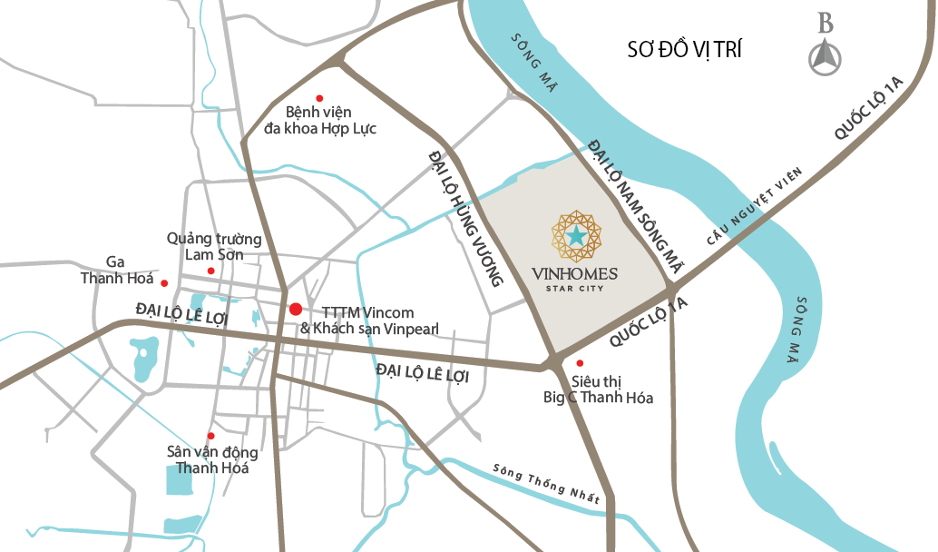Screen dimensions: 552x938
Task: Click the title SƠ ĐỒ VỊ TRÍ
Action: tap(684, 49)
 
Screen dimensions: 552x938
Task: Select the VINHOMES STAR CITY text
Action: tap(575, 277)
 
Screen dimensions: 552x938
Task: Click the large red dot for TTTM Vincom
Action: tap(295, 310)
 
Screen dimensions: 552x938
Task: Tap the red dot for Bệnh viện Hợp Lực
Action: tap(318, 98)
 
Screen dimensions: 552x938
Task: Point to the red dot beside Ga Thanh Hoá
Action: tap(164, 282)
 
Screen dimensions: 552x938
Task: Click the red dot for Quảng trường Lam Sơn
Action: tap(210, 271)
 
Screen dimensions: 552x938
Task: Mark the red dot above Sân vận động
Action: tap(211, 436)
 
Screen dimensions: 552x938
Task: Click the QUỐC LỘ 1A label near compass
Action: tap(870, 109)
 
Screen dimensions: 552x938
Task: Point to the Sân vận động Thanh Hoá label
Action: tap(212, 460)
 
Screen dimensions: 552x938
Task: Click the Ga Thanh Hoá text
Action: tap(115, 270)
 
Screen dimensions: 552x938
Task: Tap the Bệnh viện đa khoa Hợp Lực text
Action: tap(319, 120)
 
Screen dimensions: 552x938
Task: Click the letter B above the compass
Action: tap(825, 24)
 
